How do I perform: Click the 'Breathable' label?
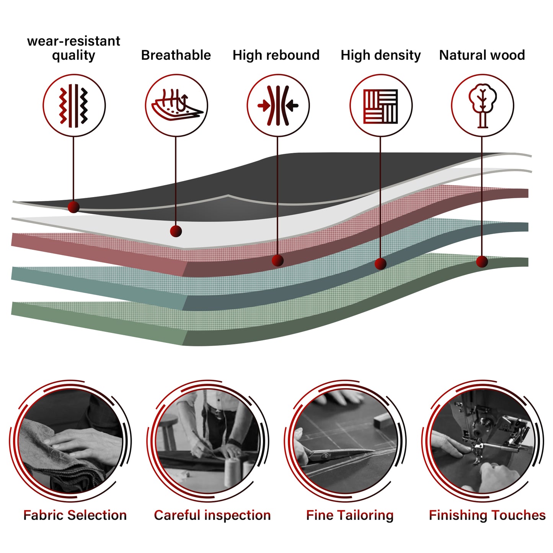tap(176, 55)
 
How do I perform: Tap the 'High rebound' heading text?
tap(276, 55)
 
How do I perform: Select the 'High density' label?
tap(380, 55)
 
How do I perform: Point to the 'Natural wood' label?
tap(482, 55)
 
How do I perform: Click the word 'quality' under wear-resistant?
tap(73, 55)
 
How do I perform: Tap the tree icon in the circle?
tap(483, 106)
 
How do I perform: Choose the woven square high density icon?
tap(380, 106)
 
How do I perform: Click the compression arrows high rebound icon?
tap(278, 106)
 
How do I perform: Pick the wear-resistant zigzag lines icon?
tap(73, 106)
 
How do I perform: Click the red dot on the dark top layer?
tap(73, 207)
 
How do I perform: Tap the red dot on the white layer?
tap(176, 231)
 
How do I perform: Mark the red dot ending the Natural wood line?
tap(482, 261)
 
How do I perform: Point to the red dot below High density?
tap(380, 264)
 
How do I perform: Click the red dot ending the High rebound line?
tap(277, 261)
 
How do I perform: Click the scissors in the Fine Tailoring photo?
tap(336, 454)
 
